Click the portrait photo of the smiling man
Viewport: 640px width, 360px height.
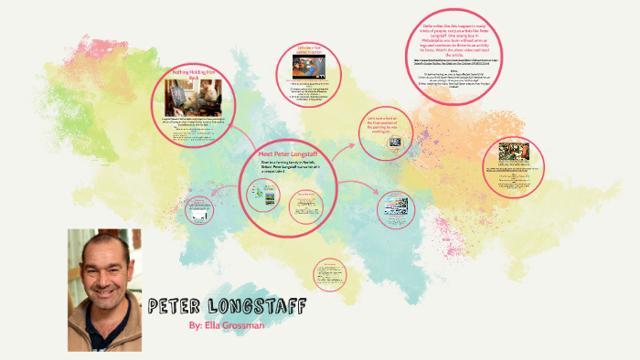pyautogui.click(x=104, y=290)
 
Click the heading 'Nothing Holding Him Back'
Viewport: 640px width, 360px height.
pyautogui.click(x=193, y=76)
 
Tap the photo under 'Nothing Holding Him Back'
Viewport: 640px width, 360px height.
pyautogui.click(x=189, y=101)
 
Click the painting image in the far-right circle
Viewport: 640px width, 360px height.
pyautogui.click(x=519, y=154)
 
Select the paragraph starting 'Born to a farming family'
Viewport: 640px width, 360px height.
pyautogui.click(x=288, y=169)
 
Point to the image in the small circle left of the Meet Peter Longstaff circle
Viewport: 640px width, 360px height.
pyautogui.click(x=200, y=209)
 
